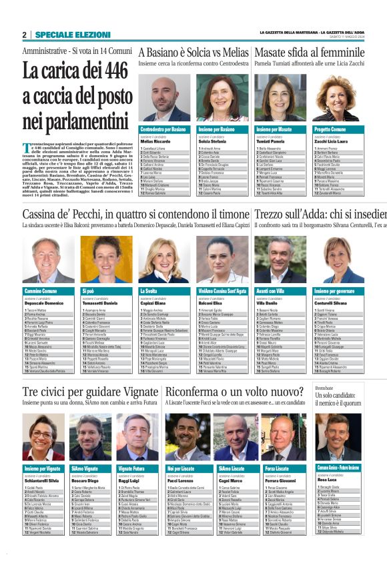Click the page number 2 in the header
(24, 35)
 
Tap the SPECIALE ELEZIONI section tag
(73, 35)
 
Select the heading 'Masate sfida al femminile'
(309, 52)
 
